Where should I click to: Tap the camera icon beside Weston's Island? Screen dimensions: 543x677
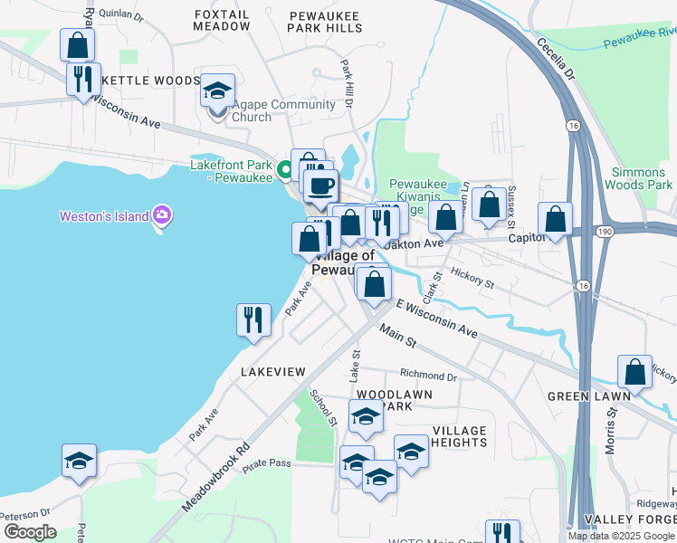coord(163,215)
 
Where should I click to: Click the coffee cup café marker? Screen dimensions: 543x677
coord(319,187)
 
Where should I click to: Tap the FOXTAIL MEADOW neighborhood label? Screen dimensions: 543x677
coord(222,20)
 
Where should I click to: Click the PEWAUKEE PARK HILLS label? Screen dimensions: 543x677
coord(325,22)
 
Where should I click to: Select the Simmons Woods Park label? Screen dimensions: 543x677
coord(642,178)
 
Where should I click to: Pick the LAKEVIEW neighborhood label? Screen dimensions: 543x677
coord(273,372)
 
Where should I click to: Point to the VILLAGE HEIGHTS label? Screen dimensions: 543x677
coord(460,436)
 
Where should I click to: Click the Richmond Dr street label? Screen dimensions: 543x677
coord(428,375)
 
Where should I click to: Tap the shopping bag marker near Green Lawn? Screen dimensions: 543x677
coord(635,372)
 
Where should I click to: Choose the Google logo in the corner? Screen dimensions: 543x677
coord(30,532)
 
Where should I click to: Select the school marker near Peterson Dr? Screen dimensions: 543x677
coord(79,462)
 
